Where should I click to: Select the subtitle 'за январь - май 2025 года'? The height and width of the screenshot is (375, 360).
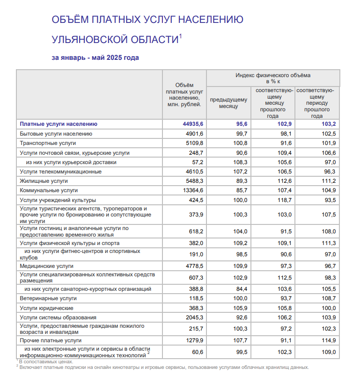coord(95,58)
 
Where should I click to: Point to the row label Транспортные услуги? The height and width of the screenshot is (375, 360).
coord(47,143)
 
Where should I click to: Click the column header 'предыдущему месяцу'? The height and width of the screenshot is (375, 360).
coord(228,103)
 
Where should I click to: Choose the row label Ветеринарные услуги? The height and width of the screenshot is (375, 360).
coord(48,298)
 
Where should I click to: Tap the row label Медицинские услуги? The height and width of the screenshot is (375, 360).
coord(46,266)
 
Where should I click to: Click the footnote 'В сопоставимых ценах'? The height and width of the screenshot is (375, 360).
coord(46,361)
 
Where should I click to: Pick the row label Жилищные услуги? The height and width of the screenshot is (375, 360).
coord(44,181)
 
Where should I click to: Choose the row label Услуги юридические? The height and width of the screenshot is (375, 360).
coord(46,308)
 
